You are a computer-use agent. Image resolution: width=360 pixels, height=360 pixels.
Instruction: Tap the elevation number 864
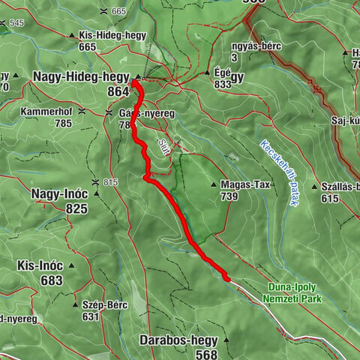point(118,90)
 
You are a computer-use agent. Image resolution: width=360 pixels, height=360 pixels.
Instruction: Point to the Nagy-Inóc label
point(60,193)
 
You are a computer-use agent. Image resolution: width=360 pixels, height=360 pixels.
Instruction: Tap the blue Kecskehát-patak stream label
point(279,165)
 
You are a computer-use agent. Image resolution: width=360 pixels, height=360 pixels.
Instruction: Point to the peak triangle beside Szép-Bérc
point(75,305)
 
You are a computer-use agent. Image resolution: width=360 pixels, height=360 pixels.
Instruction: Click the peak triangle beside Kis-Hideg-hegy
point(72,35)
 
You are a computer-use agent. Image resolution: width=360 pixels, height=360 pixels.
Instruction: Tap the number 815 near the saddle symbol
point(111,182)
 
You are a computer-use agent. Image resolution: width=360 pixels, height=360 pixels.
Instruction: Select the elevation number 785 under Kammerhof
point(63,123)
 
